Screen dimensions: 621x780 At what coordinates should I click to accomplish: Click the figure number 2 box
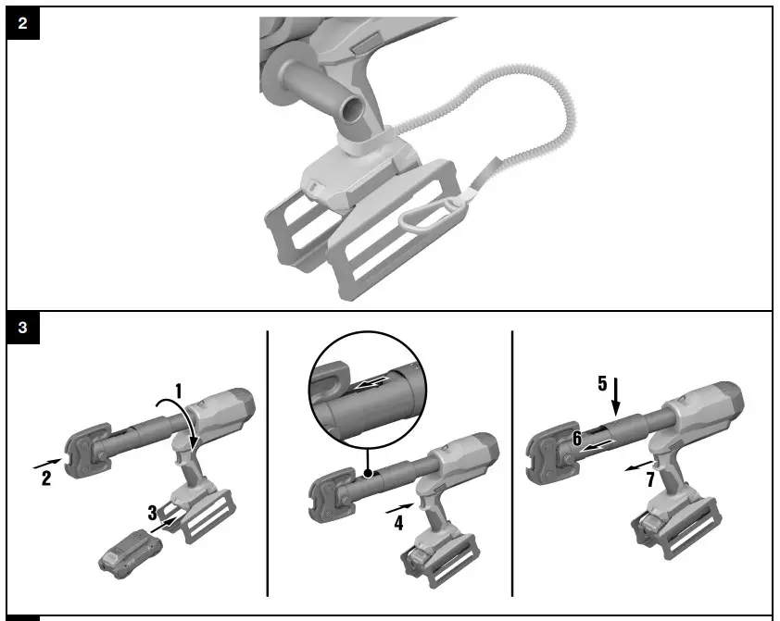[x=22, y=24]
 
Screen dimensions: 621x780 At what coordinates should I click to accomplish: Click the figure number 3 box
[x=22, y=327]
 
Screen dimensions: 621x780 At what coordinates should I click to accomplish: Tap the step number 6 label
[x=576, y=439]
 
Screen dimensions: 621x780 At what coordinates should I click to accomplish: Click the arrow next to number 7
[x=637, y=466]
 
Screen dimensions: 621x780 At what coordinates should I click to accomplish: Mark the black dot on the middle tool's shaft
[x=369, y=473]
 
